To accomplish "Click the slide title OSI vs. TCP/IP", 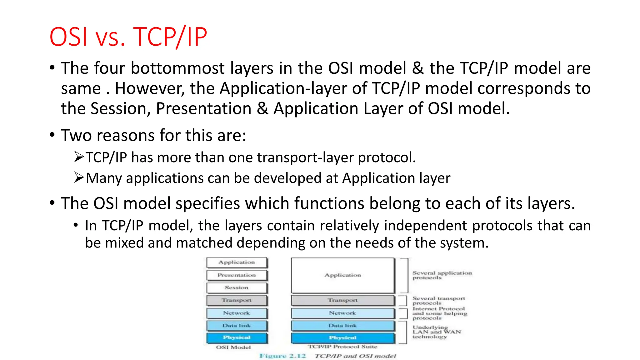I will point(128,37).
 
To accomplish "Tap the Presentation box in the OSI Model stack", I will point(237,275).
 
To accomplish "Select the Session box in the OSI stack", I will point(237,288).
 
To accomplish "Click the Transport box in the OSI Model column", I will point(237,300).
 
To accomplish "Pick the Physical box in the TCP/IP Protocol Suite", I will point(343,338).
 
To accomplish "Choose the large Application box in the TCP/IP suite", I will point(343,275).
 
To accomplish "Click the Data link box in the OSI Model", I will point(237,326).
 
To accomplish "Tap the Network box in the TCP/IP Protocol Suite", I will point(343,313).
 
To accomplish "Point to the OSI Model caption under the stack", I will point(233,347).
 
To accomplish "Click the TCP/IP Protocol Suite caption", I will point(342,347).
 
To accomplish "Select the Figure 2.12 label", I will point(282,356).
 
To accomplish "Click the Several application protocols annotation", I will point(442,275).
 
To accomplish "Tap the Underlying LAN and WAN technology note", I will point(436,332).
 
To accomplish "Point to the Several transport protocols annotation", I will point(438,301).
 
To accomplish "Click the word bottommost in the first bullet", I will point(177,68).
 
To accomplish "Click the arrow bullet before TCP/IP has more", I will point(79,157).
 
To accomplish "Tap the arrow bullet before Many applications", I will point(79,177).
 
